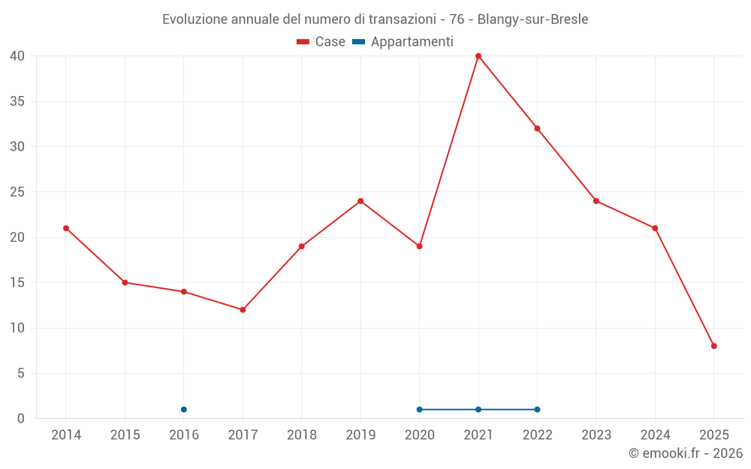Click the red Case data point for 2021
point(478,56)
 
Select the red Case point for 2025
point(714,346)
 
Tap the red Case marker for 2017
point(243,310)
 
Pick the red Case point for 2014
point(66,228)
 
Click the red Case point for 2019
point(360,201)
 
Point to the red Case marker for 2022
point(537,128)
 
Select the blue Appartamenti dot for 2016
point(184,410)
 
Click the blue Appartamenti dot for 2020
point(419,410)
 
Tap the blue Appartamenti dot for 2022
point(537,410)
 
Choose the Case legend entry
point(321,42)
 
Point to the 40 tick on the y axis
point(18,56)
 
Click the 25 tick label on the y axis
point(18,192)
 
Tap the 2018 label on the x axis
point(301,435)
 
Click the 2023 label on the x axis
point(596,435)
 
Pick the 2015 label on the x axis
point(125,435)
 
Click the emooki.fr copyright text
point(686,453)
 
